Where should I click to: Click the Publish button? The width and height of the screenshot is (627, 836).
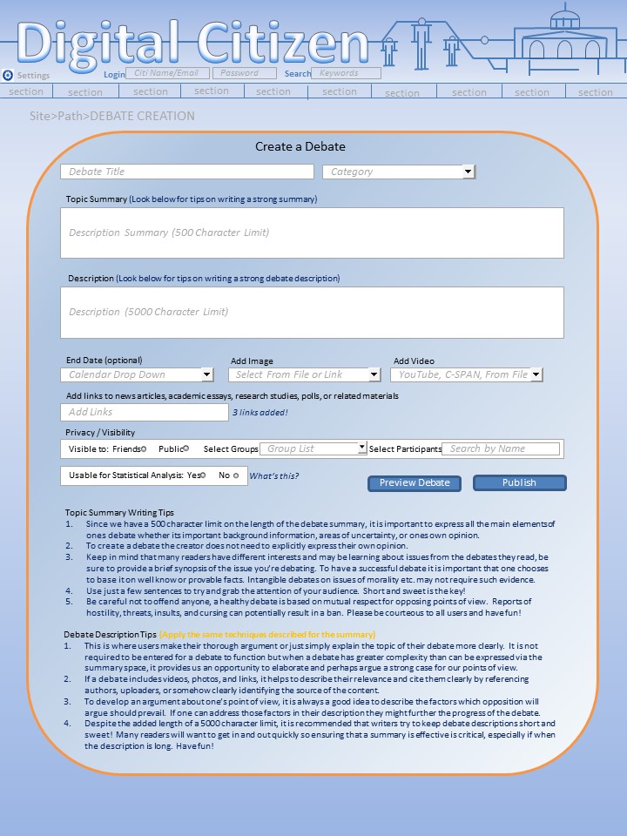pos(519,482)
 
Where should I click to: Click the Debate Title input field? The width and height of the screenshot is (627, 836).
pos(186,172)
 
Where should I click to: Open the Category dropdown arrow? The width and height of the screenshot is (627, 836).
pos(469,172)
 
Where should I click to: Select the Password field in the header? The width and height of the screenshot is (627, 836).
pos(245,74)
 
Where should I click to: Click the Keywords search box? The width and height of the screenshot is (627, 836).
pos(346,74)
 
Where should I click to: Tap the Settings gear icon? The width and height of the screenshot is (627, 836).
pos(8,75)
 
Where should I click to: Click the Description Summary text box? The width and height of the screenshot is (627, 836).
pos(312,233)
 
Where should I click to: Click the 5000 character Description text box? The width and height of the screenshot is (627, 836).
pos(312,312)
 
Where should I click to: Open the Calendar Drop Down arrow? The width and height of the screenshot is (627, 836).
pos(207,374)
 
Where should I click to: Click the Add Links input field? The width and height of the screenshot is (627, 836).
pos(144,412)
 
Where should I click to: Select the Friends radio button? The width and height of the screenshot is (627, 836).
pos(144,448)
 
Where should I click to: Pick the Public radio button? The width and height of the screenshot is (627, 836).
pos(185,448)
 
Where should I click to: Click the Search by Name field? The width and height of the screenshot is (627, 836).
pos(501,448)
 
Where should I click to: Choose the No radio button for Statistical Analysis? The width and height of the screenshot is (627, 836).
pos(236,475)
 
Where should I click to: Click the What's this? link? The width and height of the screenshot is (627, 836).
pos(273,475)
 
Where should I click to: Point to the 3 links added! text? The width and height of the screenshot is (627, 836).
pos(260,413)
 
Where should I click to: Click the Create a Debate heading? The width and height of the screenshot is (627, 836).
pos(300,146)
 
